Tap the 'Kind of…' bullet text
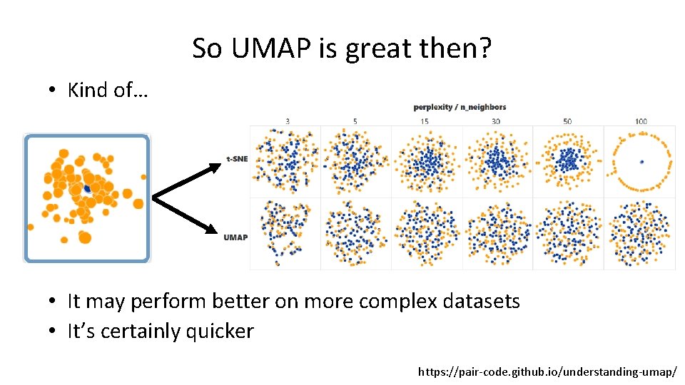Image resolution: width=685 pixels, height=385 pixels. [x=107, y=90]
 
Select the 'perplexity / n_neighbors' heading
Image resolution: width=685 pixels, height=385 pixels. [x=460, y=107]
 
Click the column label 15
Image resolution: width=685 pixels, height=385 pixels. [x=426, y=121]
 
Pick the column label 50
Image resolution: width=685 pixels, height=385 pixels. [x=567, y=121]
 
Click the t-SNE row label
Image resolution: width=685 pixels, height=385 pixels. [x=236, y=159]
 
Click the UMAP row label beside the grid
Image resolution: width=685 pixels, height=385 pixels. [x=235, y=237]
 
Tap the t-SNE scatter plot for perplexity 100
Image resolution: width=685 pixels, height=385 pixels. [x=640, y=162]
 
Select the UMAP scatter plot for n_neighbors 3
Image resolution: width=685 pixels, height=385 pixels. [x=285, y=233]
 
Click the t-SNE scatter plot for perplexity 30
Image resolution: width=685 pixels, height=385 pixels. [x=497, y=162]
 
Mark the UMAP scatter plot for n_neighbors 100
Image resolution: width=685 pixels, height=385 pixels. [x=640, y=233]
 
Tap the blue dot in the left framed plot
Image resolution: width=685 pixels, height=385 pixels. [x=87, y=189]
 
